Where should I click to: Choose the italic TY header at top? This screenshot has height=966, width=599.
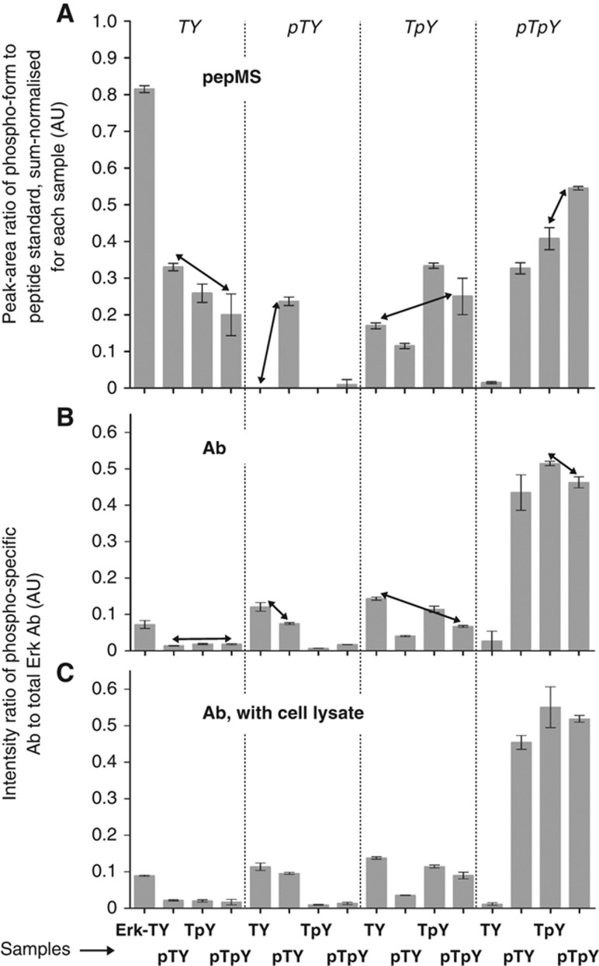coord(185,29)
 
